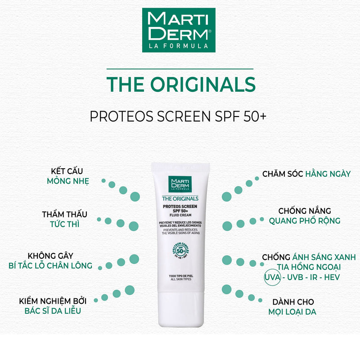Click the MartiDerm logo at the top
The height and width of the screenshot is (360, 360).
pyautogui.click(x=179, y=30)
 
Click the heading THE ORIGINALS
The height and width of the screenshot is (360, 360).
pyautogui.click(x=180, y=85)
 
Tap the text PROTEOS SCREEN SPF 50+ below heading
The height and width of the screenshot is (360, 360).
pyautogui.click(x=179, y=116)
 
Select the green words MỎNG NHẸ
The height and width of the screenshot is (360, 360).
pyautogui.click(x=68, y=181)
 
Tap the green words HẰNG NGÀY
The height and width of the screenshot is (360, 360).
pyautogui.click(x=328, y=174)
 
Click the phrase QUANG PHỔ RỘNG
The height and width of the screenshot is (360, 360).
pyautogui.click(x=305, y=221)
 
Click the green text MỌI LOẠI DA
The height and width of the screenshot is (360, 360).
pyautogui.click(x=292, y=312)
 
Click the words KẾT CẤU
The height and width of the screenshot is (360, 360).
pyautogui.click(x=68, y=171)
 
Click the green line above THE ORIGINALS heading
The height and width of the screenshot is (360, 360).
pyautogui.click(x=180, y=69)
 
